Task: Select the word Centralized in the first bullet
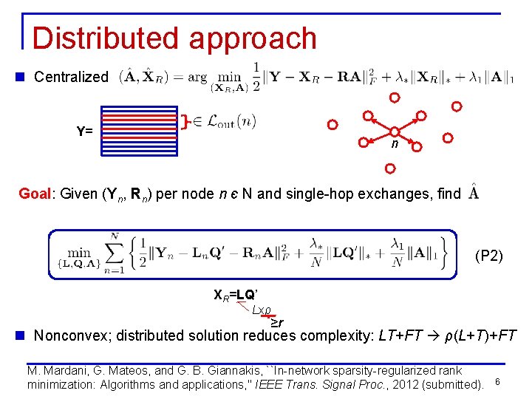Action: (71, 77)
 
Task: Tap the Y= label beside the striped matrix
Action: (84, 132)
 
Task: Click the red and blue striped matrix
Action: (140, 131)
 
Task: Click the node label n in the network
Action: (395, 144)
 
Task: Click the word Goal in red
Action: (34, 194)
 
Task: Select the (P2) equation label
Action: (489, 256)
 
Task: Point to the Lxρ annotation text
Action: (262, 310)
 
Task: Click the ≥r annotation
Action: (276, 322)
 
